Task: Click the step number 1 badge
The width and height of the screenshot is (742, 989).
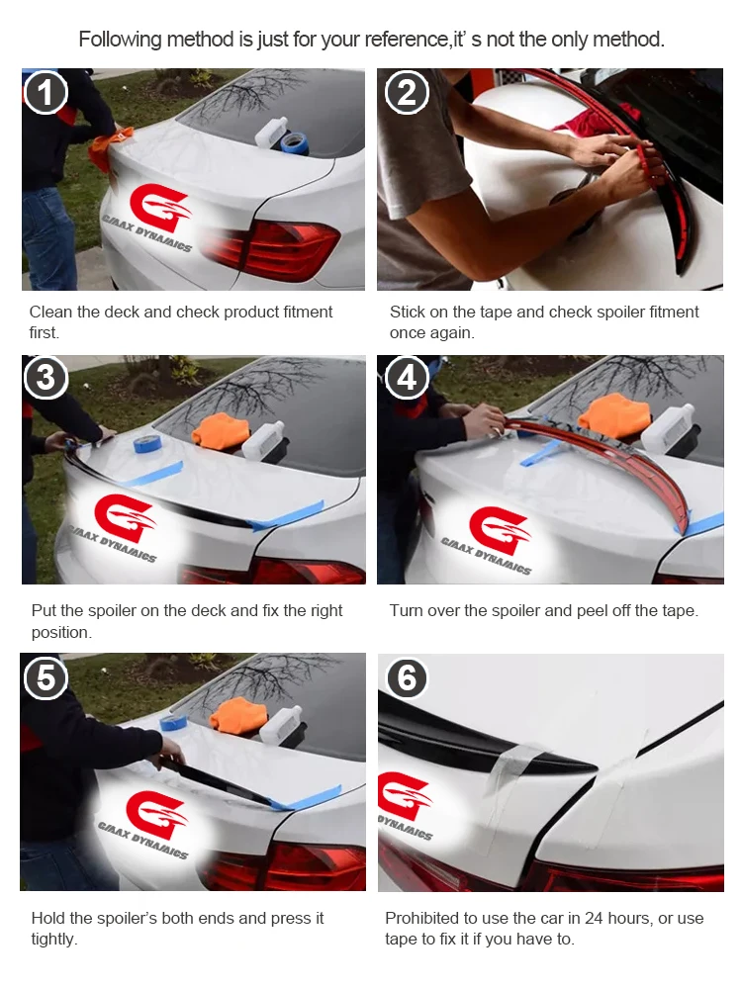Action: [46, 92]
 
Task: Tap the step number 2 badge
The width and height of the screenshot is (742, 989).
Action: [407, 92]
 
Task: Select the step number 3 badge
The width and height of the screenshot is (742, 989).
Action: [46, 377]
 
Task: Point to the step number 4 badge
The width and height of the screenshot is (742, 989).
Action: [407, 377]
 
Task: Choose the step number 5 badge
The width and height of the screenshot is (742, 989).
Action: [46, 678]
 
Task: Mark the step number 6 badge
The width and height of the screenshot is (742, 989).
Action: [407, 678]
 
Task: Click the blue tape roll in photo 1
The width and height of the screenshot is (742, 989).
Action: [294, 143]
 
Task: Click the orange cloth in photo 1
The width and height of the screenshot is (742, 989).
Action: [109, 148]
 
